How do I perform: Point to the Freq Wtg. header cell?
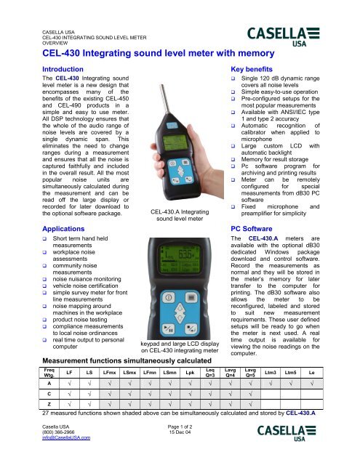point(49,373)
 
